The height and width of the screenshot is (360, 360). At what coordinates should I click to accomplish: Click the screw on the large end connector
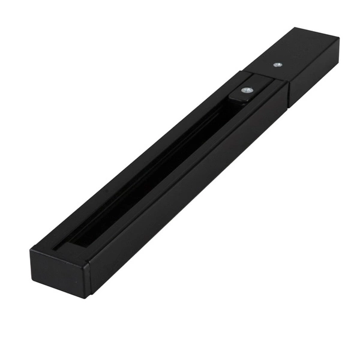277,64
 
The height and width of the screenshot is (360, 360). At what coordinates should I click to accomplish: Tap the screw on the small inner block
246,91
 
